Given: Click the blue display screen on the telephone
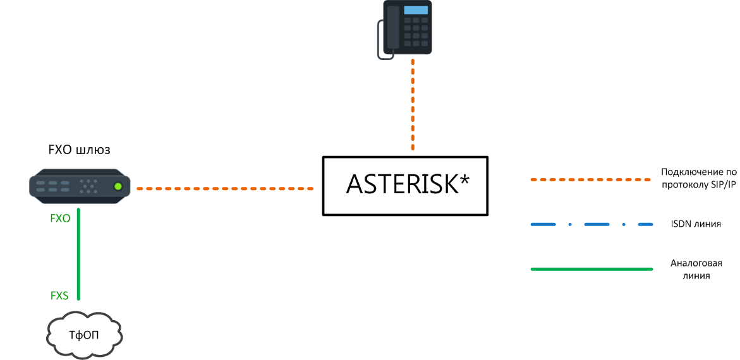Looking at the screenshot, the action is point(416,10).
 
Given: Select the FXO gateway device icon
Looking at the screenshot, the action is point(80,186).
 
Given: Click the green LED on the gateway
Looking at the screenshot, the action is point(118,187).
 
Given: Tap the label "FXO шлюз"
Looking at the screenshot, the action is point(80,150).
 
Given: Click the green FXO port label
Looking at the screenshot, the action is point(60,219).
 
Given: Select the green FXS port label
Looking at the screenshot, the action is point(59,296).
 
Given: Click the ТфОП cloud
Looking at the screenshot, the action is point(85,334).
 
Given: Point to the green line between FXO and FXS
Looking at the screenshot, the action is point(78,254).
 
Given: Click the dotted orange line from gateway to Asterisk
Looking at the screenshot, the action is point(225,188).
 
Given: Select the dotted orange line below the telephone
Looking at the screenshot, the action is point(413,105).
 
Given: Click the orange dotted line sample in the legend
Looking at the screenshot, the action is point(592,180).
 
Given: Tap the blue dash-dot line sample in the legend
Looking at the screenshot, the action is point(592,224).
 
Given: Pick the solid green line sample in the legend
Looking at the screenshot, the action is point(592,269).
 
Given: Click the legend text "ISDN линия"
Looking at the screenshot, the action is point(695,224).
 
